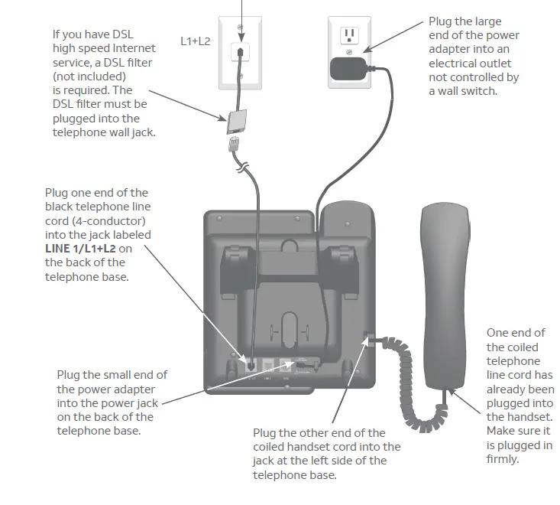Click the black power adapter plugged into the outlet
click(348, 68)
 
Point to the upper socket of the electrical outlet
click(350, 35)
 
